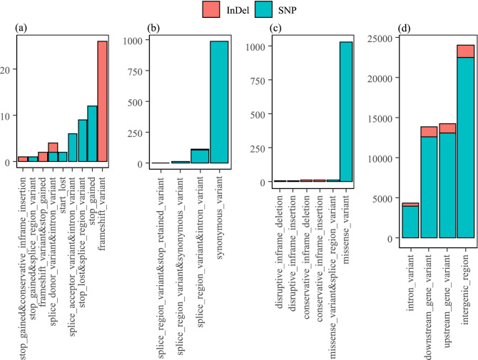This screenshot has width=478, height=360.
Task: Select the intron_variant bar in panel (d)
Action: pos(410,221)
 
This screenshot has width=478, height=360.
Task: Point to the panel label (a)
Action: pos(21,30)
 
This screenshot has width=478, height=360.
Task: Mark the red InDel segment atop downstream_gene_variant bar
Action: pos(428,131)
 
